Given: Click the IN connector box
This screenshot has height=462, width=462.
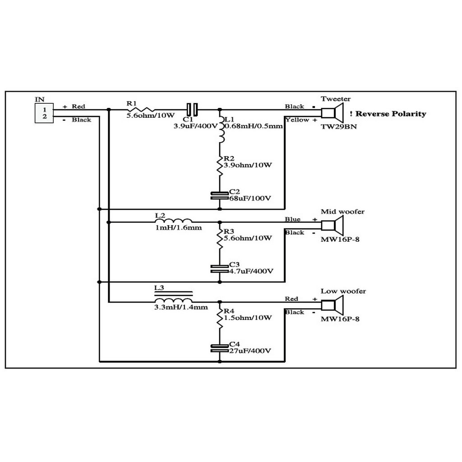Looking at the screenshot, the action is pyautogui.click(x=44, y=113).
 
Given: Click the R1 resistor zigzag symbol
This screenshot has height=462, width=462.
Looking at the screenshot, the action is pyautogui.click(x=141, y=110).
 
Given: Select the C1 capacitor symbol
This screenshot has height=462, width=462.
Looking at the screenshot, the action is pyautogui.click(x=192, y=110).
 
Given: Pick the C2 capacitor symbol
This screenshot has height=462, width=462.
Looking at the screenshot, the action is pyautogui.click(x=220, y=196).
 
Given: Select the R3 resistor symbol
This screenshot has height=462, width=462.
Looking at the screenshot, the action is pyautogui.click(x=220, y=238).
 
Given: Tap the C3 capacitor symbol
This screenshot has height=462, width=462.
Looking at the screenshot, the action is pyautogui.click(x=220, y=269).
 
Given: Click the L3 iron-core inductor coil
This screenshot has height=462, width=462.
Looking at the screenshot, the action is pyautogui.click(x=174, y=296).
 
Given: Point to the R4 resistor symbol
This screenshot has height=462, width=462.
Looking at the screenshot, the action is pyautogui.click(x=220, y=318).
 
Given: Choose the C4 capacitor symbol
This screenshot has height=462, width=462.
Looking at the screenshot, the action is pyautogui.click(x=220, y=348).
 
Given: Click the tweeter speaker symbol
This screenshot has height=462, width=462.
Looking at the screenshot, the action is pyautogui.click(x=332, y=113).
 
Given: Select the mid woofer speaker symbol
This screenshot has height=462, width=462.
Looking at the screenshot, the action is pyautogui.click(x=332, y=226).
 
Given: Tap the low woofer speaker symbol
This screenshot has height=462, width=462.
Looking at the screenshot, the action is pyautogui.click(x=332, y=305).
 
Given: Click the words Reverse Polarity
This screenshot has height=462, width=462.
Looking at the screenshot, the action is pyautogui.click(x=391, y=114).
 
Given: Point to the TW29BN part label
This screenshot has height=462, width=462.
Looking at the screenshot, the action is pyautogui.click(x=338, y=127).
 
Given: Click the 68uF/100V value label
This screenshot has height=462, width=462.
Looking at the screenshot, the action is pyautogui.click(x=250, y=199).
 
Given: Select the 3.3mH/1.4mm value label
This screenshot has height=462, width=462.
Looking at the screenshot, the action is pyautogui.click(x=181, y=307).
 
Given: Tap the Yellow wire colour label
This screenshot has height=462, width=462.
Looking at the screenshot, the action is pyautogui.click(x=297, y=120).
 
